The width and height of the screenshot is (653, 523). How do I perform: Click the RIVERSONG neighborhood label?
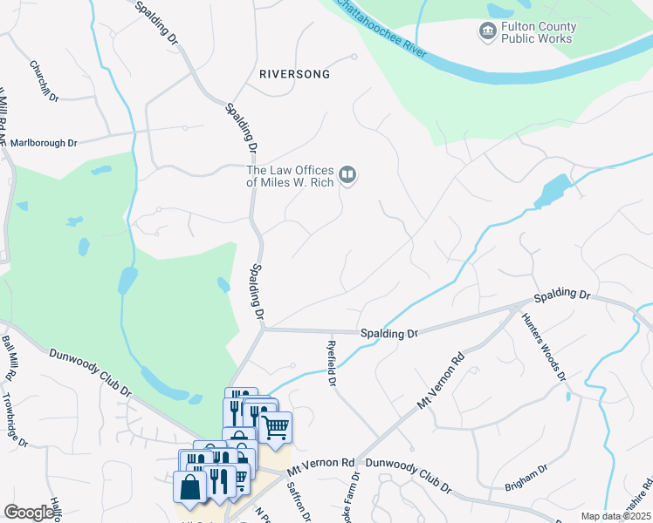pyautogui.click(x=295, y=74)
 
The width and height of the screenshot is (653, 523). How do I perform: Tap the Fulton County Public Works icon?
pyautogui.click(x=486, y=32)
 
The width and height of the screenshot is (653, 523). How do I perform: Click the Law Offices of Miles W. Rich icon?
pyautogui.click(x=347, y=176)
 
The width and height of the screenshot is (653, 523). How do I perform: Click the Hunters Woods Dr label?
pyautogui.click(x=544, y=346)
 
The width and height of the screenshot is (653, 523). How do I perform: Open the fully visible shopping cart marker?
pyautogui.click(x=275, y=427)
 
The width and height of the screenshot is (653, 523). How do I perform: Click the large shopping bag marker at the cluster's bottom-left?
pyautogui.click(x=190, y=488)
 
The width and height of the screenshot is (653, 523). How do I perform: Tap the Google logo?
pyautogui.click(x=29, y=513)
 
